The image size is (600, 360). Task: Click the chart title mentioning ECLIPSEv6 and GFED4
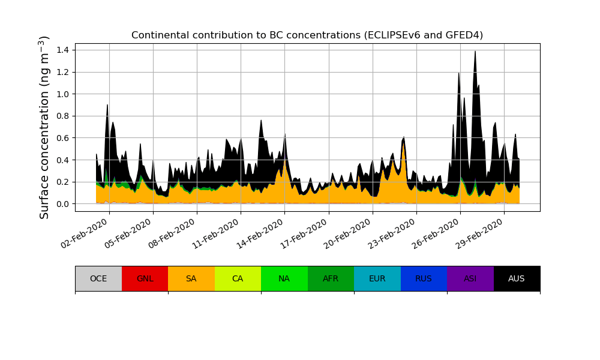tap(307, 35)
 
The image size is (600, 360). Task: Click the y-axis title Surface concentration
tap(44, 127)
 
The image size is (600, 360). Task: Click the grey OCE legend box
tap(98, 278)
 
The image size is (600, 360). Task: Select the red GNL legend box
tap(145, 278)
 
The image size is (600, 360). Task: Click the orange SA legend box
tap(191, 278)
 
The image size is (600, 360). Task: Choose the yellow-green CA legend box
tap(238, 278)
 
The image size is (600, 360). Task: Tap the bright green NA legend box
tap(284, 278)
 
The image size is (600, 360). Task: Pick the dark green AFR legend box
tap(331, 278)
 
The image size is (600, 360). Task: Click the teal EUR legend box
tap(377, 278)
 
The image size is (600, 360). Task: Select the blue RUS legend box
tap(424, 278)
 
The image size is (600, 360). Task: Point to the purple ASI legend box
tap(470, 278)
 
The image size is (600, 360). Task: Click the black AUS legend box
tap(517, 278)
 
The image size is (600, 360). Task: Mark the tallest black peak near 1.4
tap(475, 53)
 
